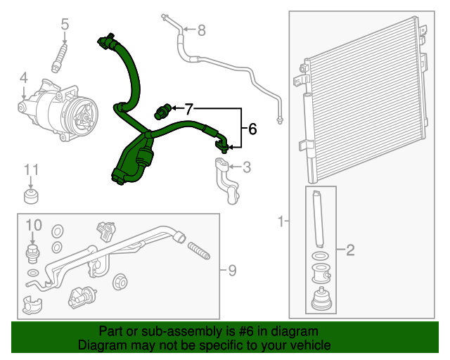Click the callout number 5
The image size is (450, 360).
pyautogui.click(x=65, y=25)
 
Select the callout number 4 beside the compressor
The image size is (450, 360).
pyautogui.click(x=23, y=77)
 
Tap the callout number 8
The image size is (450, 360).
pyautogui.click(x=201, y=30)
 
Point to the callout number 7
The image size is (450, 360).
pyautogui.click(x=188, y=109)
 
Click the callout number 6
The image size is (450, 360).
pyautogui.click(x=252, y=129)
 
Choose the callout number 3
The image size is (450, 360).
pyautogui.click(x=246, y=167)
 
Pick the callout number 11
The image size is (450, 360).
pyautogui.click(x=31, y=169)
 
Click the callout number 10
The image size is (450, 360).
pyautogui.click(x=34, y=225)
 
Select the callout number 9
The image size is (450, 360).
pyautogui.click(x=232, y=270)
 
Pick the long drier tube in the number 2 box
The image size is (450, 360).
pyautogui.click(x=318, y=217)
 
